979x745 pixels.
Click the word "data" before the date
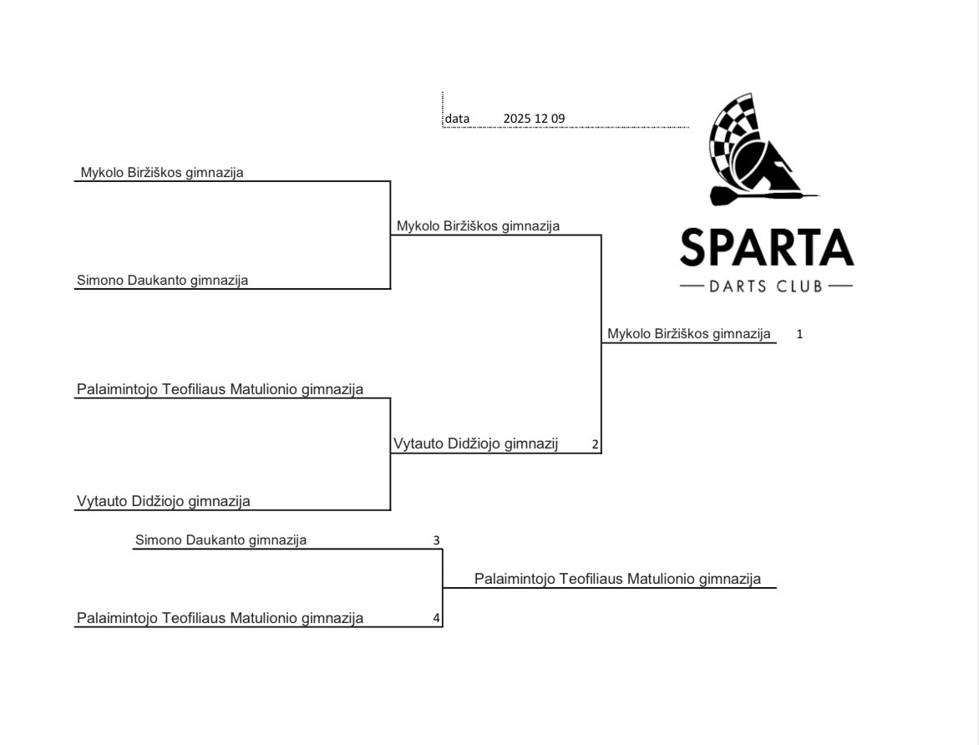point(457,119)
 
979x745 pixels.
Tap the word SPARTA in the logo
point(767,247)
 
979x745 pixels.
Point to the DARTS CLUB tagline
point(766,287)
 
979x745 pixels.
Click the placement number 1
point(799,334)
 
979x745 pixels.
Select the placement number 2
point(595,444)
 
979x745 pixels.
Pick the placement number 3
point(436,540)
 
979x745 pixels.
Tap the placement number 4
point(436,619)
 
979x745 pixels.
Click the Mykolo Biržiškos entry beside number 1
point(688,334)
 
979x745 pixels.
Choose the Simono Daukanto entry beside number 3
point(221,540)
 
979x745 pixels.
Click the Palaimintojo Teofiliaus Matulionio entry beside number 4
point(220,619)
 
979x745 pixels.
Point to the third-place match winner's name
point(617,579)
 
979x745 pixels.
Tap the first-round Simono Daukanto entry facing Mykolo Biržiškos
point(162,281)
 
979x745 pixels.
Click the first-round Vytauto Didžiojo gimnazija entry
point(164,502)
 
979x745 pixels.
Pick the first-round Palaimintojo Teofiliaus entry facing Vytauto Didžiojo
point(220,389)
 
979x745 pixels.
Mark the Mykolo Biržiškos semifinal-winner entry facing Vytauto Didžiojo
point(478,226)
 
